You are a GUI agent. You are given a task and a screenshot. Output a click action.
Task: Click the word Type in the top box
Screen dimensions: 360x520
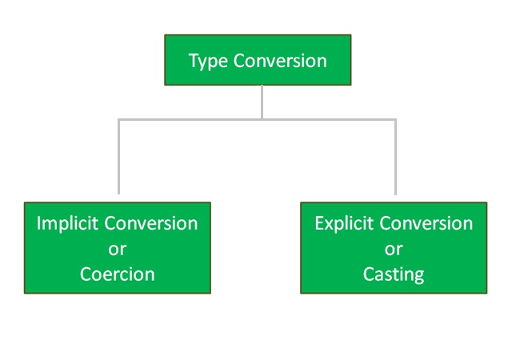(208, 61)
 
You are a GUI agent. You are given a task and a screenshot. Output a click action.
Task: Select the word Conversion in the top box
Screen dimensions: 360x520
(280, 61)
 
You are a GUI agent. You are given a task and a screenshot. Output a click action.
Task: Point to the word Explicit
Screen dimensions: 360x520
(345, 223)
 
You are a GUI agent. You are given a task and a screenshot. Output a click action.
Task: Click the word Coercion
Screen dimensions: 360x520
(117, 274)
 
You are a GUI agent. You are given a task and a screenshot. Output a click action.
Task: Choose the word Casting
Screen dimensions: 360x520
(393, 274)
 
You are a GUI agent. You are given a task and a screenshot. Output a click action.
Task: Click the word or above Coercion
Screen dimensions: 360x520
(117, 249)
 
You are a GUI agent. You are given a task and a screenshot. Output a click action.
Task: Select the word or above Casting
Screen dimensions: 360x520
(393, 249)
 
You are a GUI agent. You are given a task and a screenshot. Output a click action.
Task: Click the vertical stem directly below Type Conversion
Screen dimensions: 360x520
(262, 102)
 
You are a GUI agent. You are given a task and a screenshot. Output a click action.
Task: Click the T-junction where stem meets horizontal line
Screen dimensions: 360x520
(262, 119)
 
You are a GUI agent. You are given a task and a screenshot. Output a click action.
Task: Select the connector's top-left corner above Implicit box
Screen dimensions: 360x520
(119, 119)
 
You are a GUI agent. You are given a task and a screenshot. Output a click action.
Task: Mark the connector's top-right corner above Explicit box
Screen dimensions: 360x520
(395, 119)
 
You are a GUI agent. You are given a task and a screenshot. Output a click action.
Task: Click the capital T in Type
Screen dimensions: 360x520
(193, 61)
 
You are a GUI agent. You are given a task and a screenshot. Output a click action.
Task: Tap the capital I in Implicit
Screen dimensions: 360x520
(38, 223)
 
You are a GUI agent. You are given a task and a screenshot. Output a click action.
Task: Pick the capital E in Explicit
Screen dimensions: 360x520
(319, 223)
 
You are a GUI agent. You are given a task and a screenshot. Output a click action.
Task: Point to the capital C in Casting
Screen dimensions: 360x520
(369, 274)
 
